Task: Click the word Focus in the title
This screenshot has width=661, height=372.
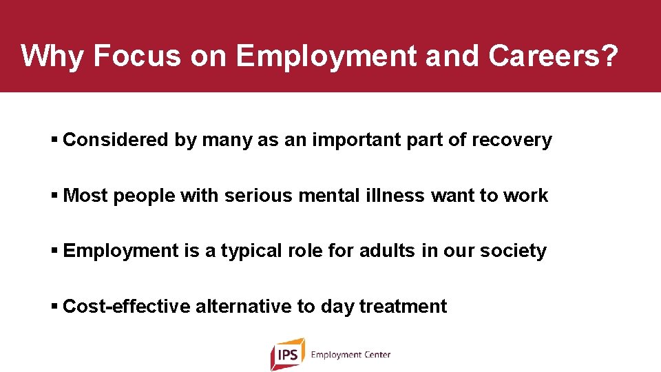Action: tap(136, 56)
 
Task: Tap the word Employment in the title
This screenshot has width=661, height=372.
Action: tap(326, 56)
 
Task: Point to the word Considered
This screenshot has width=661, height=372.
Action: tap(115, 140)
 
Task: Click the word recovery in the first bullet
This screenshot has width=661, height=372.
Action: tap(512, 140)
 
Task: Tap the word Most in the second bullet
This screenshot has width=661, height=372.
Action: tap(85, 196)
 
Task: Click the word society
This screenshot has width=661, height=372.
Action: tap(513, 251)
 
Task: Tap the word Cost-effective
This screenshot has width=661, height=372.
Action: tap(126, 306)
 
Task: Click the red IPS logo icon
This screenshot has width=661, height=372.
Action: tap(287, 354)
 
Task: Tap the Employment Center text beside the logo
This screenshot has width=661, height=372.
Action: tap(350, 355)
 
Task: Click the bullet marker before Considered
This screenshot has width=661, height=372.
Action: tap(54, 140)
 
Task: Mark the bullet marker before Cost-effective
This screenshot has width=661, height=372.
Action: tap(54, 306)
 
